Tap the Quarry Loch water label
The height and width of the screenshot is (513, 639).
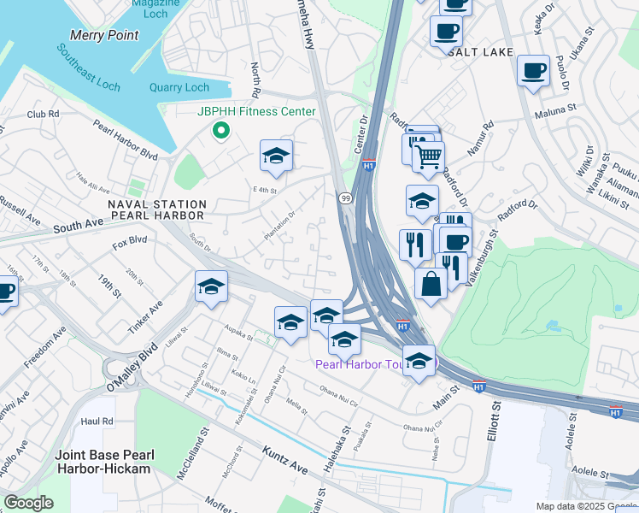click(x=179, y=87)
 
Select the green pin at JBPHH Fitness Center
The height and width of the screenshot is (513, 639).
click(x=220, y=131)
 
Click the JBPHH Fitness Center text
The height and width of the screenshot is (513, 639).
click(x=256, y=112)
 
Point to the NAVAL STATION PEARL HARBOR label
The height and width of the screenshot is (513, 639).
click(x=157, y=212)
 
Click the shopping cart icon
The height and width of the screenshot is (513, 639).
click(x=428, y=156)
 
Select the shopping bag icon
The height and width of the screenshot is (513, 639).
click(x=432, y=283)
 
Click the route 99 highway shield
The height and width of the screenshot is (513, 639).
click(x=345, y=198)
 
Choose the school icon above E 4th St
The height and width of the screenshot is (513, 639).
click(x=276, y=156)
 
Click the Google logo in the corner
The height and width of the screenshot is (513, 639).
click(x=28, y=502)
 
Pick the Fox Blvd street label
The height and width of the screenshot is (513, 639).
click(x=130, y=241)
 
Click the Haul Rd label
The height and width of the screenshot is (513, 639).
click(x=97, y=422)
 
